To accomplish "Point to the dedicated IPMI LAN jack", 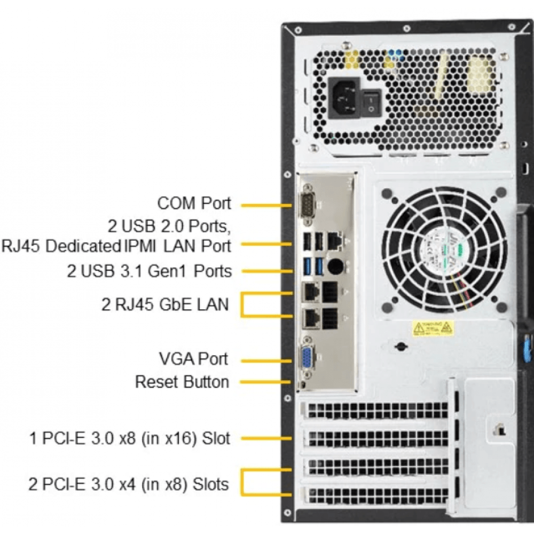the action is [335, 242].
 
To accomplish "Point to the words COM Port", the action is [194, 203].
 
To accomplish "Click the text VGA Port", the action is [194, 358].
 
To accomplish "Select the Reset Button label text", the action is [182, 382].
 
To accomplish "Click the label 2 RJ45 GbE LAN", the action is [165, 305].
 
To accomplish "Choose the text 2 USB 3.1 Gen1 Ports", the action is [150, 271].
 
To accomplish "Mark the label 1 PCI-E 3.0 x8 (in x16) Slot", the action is [130, 439].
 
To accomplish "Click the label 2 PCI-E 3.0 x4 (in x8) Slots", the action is [129, 484].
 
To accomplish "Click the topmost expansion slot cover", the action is [376, 411].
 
